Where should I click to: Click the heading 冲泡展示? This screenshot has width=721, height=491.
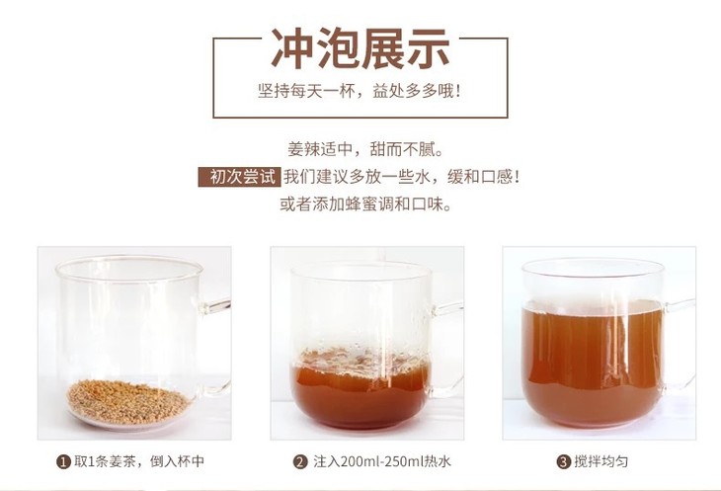[x=360, y=48]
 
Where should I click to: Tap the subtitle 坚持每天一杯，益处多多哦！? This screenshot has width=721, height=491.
[x=360, y=91]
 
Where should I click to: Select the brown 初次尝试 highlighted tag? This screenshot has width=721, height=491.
[x=239, y=177]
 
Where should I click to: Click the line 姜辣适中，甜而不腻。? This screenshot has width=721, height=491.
[x=365, y=149]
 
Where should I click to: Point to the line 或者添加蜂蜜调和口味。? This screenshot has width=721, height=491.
[x=365, y=205]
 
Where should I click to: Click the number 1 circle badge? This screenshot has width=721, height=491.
[x=63, y=461]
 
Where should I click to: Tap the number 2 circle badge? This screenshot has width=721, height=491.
[x=300, y=461]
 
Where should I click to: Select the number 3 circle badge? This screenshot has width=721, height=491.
[x=563, y=461]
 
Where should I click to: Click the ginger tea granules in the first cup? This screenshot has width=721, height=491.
[x=128, y=402]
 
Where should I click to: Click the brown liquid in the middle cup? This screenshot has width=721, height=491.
[x=360, y=393]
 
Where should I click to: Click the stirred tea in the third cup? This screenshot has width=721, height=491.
[x=593, y=364]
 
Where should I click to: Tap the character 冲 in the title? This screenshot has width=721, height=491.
[x=291, y=48]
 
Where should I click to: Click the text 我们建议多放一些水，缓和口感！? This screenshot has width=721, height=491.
[x=401, y=177]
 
